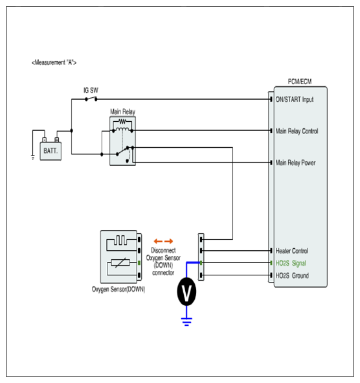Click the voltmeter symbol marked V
pos(186,292)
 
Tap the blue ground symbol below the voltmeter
pos(186,321)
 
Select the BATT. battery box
pos(51,151)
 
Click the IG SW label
pos(91,90)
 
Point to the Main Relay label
pos(122,112)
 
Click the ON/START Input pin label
pos(295,99)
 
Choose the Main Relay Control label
pos(297,131)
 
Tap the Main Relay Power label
pos(295,163)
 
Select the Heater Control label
pos(292,251)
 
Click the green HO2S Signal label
pos(291,263)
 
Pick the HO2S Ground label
pos(292,275)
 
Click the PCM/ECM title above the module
pos(300,82)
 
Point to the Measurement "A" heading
pos(54,62)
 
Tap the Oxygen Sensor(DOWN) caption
pos(118,290)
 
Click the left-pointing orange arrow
pos(158,241)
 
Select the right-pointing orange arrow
pos(168,241)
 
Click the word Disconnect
pos(163,250)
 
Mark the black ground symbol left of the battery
pos(33,157)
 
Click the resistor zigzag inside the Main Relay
pos(122,121)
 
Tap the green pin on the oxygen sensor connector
pos(139,263)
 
